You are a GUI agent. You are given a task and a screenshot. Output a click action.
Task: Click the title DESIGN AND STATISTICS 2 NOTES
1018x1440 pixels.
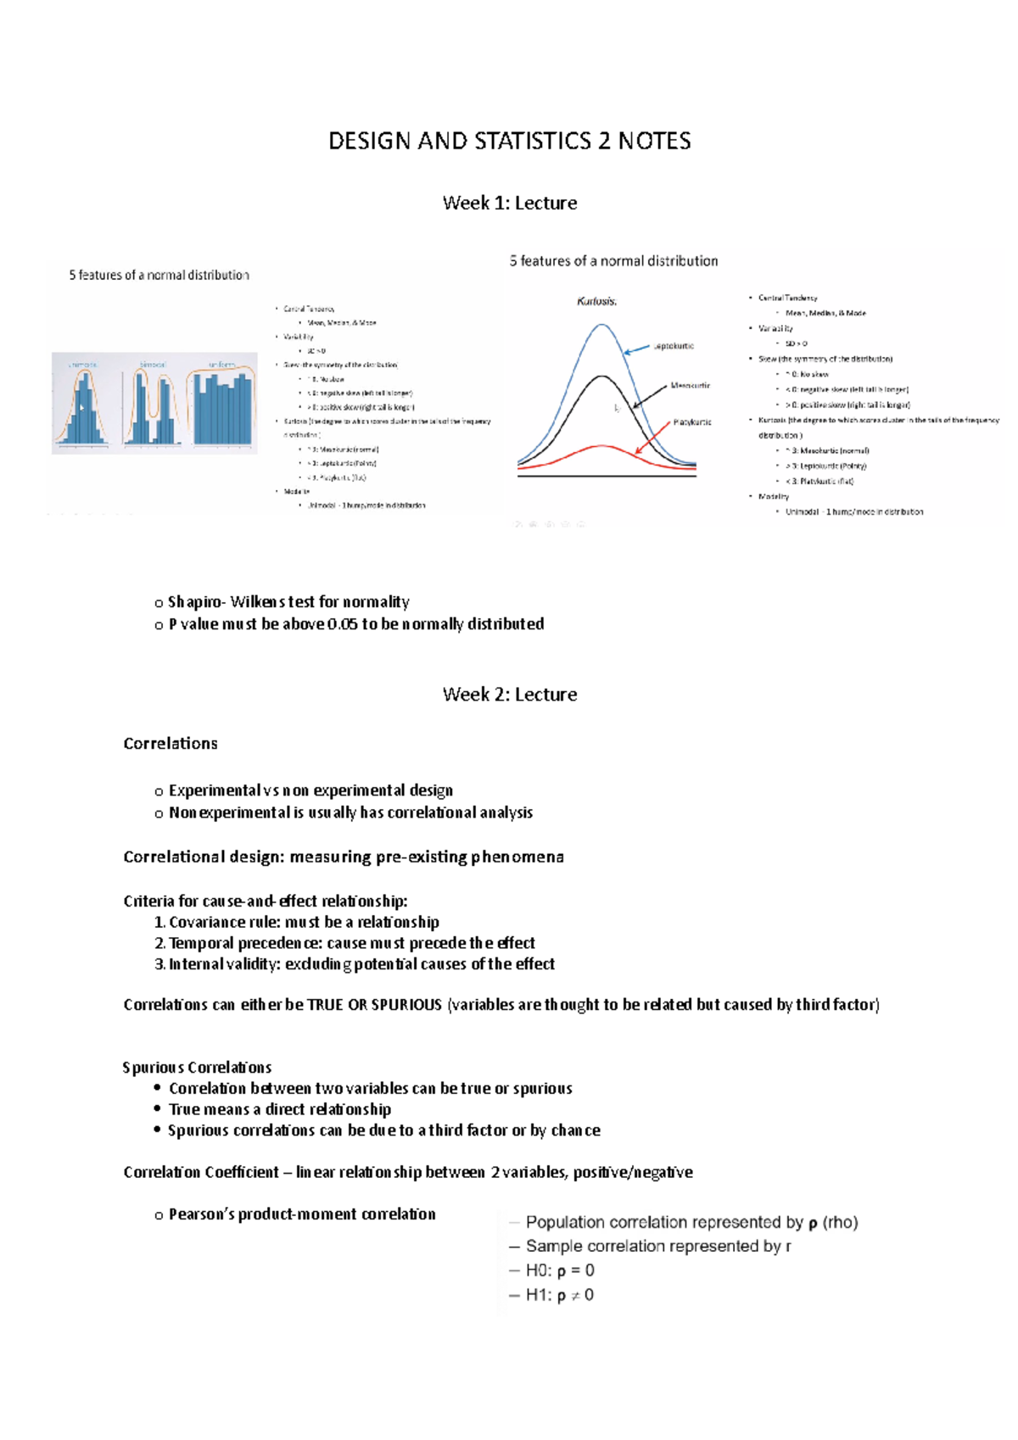pyautogui.click(x=509, y=141)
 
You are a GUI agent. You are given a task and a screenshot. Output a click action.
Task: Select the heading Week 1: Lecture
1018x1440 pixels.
pyautogui.click(x=509, y=203)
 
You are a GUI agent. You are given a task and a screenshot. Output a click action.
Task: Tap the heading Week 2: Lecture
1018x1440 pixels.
pyautogui.click(x=509, y=694)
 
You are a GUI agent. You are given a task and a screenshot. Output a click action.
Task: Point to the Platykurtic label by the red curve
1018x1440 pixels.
pyautogui.click(x=692, y=421)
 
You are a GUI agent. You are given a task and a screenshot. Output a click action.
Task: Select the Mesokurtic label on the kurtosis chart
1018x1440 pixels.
pyautogui.click(x=690, y=385)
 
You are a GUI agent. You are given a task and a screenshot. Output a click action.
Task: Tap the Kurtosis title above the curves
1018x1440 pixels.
pyautogui.click(x=596, y=301)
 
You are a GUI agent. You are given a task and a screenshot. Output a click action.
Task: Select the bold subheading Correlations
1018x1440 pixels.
pyautogui.click(x=171, y=744)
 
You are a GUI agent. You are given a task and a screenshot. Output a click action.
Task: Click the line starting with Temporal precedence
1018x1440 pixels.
pyautogui.click(x=351, y=943)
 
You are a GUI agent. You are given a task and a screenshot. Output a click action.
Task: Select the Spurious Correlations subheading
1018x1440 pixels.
pyautogui.click(x=197, y=1068)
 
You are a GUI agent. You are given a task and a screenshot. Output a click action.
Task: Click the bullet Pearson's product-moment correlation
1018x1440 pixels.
pyautogui.click(x=302, y=1214)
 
